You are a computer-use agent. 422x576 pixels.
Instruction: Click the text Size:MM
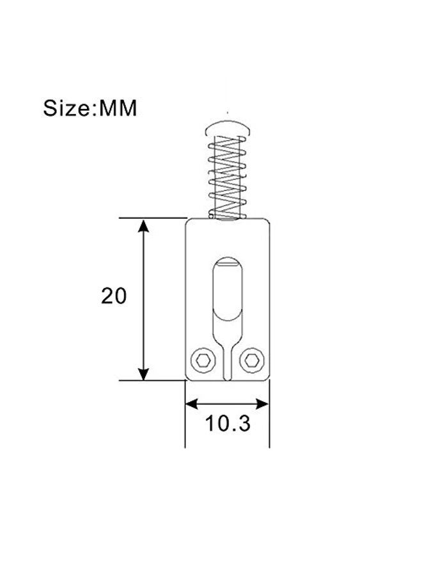coord(90,108)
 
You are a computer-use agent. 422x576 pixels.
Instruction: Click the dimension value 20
coord(114,296)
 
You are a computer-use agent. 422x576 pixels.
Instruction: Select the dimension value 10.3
coord(228,423)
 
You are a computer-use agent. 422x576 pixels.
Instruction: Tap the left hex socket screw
coord(203,360)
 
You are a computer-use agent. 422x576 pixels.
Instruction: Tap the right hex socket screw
coord(252,360)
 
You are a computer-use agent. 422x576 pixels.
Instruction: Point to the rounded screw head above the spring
coord(228,124)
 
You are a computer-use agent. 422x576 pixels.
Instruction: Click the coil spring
coord(227,177)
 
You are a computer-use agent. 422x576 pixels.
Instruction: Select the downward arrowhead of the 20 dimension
coord(143,373)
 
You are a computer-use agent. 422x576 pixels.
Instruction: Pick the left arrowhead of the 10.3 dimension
coord(192,404)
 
